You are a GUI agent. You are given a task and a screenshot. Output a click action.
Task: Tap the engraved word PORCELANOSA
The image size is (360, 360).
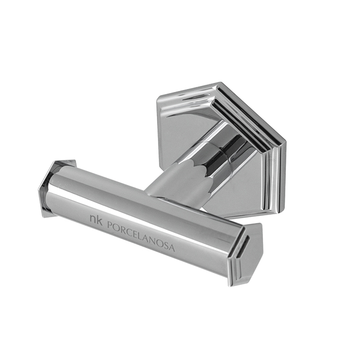pos(141,236)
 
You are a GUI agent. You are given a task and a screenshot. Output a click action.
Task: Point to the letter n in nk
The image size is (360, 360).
pos(93,219)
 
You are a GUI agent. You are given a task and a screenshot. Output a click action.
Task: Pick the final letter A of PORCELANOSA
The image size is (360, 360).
pos(173,248)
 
